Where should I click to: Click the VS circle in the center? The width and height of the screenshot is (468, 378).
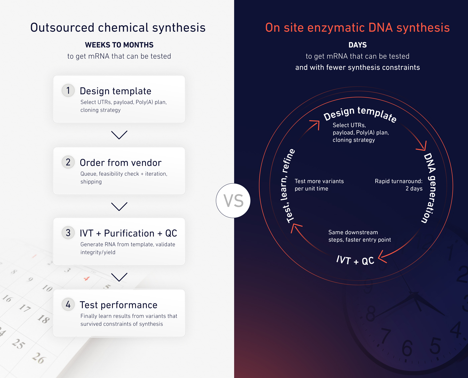(233, 201)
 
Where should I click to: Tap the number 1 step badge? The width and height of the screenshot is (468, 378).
(68, 90)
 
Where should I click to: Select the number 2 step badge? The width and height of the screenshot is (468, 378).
(68, 162)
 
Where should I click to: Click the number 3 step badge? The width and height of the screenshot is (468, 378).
(68, 233)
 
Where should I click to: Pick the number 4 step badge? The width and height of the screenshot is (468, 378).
(68, 304)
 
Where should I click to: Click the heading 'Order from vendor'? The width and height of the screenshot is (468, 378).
(120, 163)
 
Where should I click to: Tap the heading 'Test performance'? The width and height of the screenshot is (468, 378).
(119, 305)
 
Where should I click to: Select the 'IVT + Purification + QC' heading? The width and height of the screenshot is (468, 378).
(128, 233)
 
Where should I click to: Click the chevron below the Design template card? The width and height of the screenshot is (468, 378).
(119, 135)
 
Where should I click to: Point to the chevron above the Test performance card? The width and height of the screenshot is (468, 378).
(119, 277)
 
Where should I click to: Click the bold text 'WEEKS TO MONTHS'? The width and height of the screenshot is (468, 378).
(119, 45)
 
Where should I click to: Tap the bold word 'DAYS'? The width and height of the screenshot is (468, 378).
(358, 45)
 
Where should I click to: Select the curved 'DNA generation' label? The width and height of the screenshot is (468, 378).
(430, 187)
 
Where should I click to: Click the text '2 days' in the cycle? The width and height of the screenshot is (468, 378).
(414, 189)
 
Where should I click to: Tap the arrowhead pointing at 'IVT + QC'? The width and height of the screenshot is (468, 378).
(382, 257)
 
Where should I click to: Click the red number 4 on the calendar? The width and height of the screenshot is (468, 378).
(87, 279)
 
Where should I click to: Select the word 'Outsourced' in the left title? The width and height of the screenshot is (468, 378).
(62, 28)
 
